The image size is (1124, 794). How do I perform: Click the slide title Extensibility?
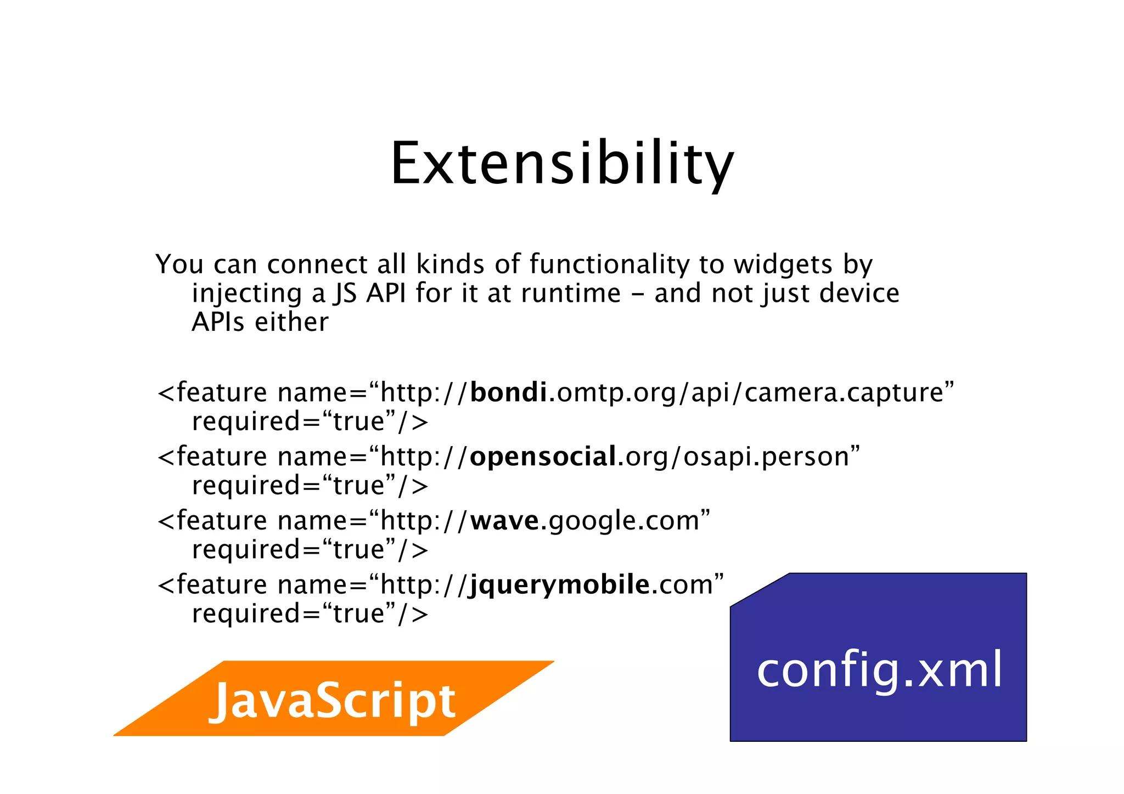pos(561,164)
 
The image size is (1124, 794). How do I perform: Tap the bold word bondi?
pos(508,392)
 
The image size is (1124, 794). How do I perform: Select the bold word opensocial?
pos(543,457)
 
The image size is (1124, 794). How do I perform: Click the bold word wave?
pos(505,520)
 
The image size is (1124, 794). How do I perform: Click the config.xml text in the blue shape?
pos(880,669)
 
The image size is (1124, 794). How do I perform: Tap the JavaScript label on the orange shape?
pos(333,701)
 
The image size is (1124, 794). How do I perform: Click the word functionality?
pos(609,264)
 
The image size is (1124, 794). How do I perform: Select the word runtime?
pos(571,293)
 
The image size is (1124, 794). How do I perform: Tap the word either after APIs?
pos(291,322)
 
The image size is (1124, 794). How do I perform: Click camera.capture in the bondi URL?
pos(844,393)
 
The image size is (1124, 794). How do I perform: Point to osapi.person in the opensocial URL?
pos(766,457)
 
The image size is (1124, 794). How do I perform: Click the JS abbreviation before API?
pos(345,293)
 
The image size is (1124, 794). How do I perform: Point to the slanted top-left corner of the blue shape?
pos(760,590)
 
